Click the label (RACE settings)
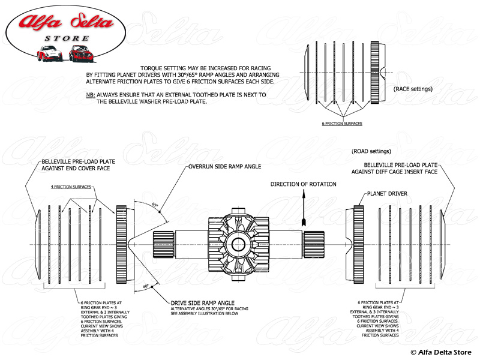(413, 89)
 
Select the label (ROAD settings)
(371, 151)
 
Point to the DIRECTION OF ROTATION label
(303, 184)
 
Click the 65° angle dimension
(155, 205)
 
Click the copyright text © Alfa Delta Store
(441, 351)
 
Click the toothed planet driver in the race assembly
(377, 73)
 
